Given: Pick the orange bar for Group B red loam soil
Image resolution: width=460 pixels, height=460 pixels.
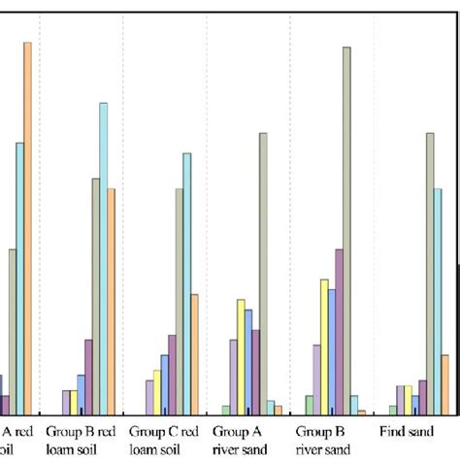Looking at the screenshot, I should (x=112, y=301).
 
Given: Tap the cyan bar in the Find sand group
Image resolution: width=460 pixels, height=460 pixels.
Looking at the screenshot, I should (x=438, y=301).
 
